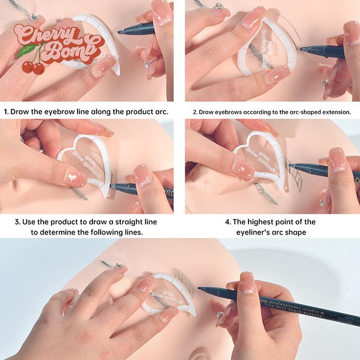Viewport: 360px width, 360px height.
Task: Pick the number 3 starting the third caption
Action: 17,222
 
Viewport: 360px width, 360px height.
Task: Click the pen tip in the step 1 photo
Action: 120,32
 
